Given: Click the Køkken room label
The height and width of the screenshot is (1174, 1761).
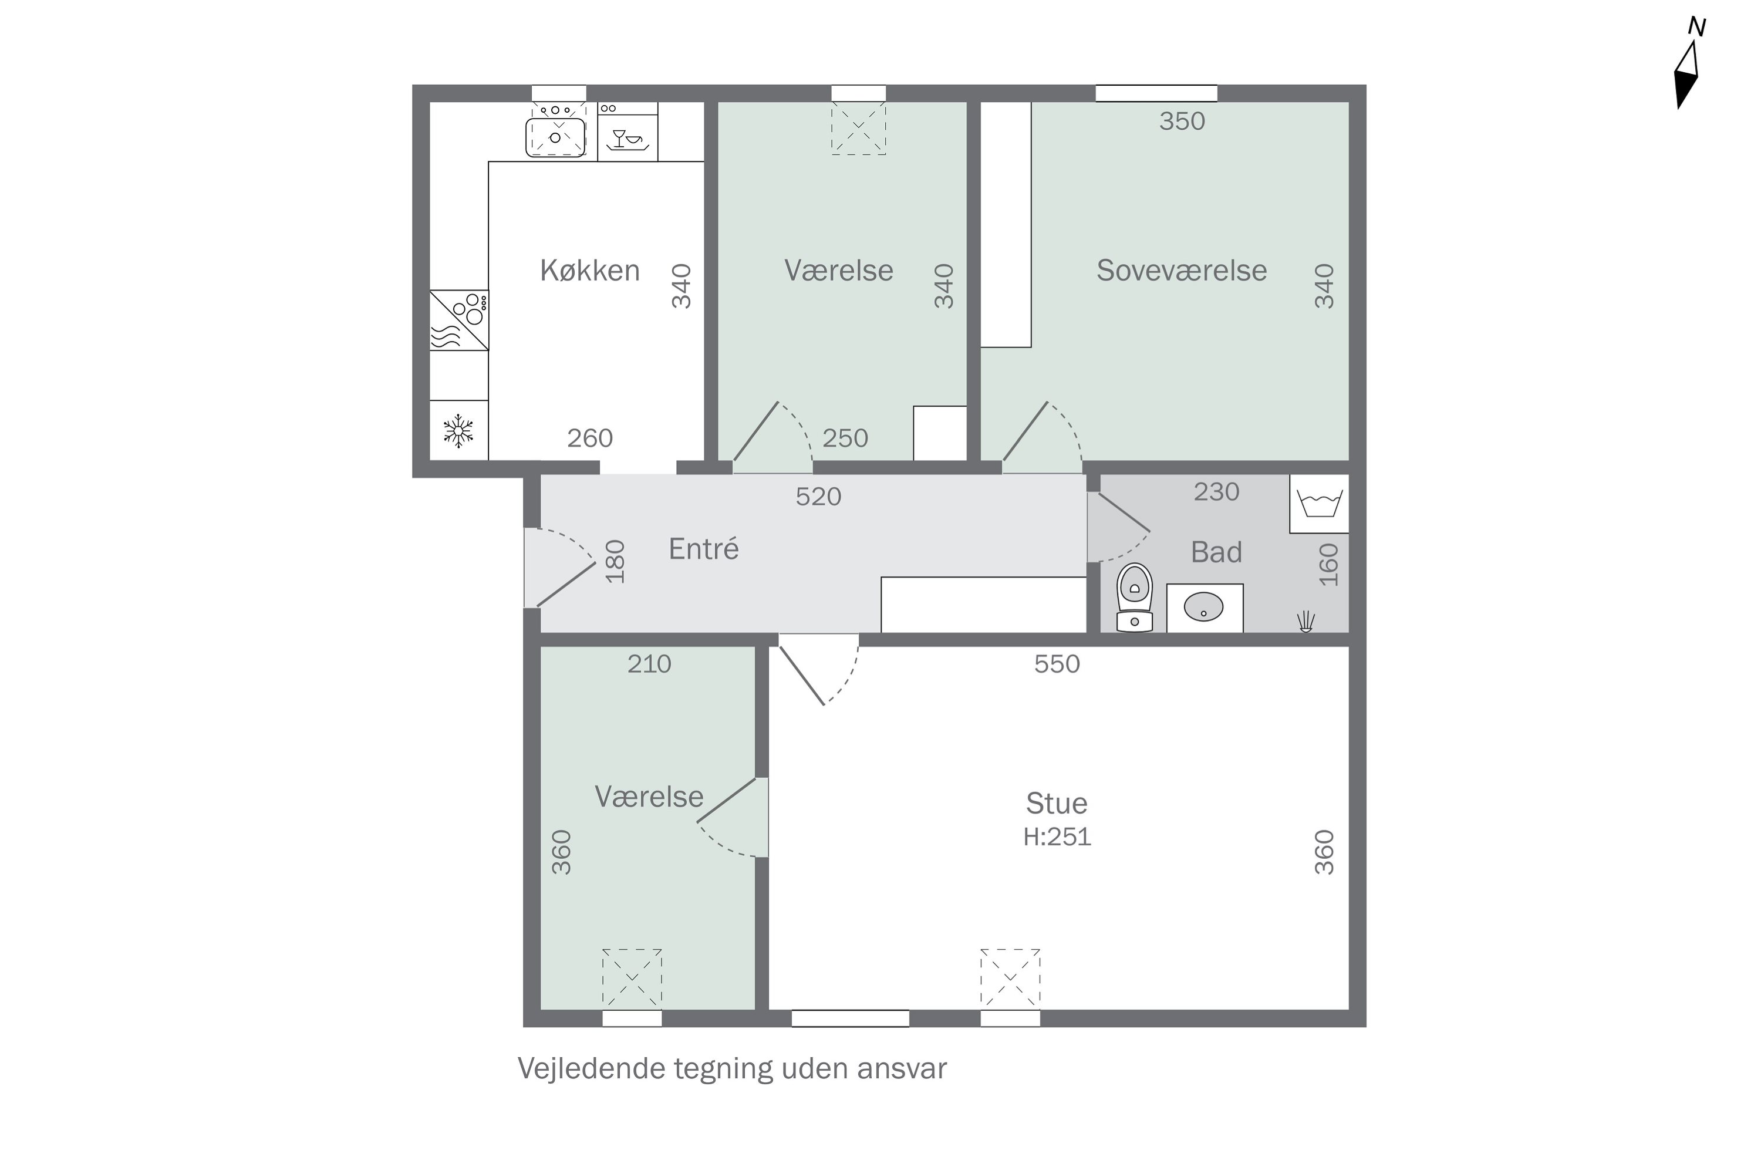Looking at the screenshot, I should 589,270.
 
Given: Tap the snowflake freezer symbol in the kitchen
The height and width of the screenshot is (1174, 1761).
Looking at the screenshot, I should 458,431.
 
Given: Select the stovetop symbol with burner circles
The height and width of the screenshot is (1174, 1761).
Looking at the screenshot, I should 459,320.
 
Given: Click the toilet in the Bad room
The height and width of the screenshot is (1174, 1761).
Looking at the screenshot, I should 1134,598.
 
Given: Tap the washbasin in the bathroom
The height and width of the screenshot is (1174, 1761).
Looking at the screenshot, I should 1203,607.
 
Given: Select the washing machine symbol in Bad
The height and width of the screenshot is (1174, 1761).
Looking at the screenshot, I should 1319,504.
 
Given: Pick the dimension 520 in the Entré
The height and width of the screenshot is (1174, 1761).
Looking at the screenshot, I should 818,497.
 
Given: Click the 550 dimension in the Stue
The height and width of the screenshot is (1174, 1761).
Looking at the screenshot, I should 1057,664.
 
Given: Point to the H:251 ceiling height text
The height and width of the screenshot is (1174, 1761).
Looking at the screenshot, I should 1057,836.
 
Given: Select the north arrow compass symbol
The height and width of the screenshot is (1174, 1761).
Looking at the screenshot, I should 1688,71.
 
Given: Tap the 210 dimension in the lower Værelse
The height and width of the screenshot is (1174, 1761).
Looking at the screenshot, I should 649,664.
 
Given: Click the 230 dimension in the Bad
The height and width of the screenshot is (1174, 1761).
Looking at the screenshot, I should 1216,492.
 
